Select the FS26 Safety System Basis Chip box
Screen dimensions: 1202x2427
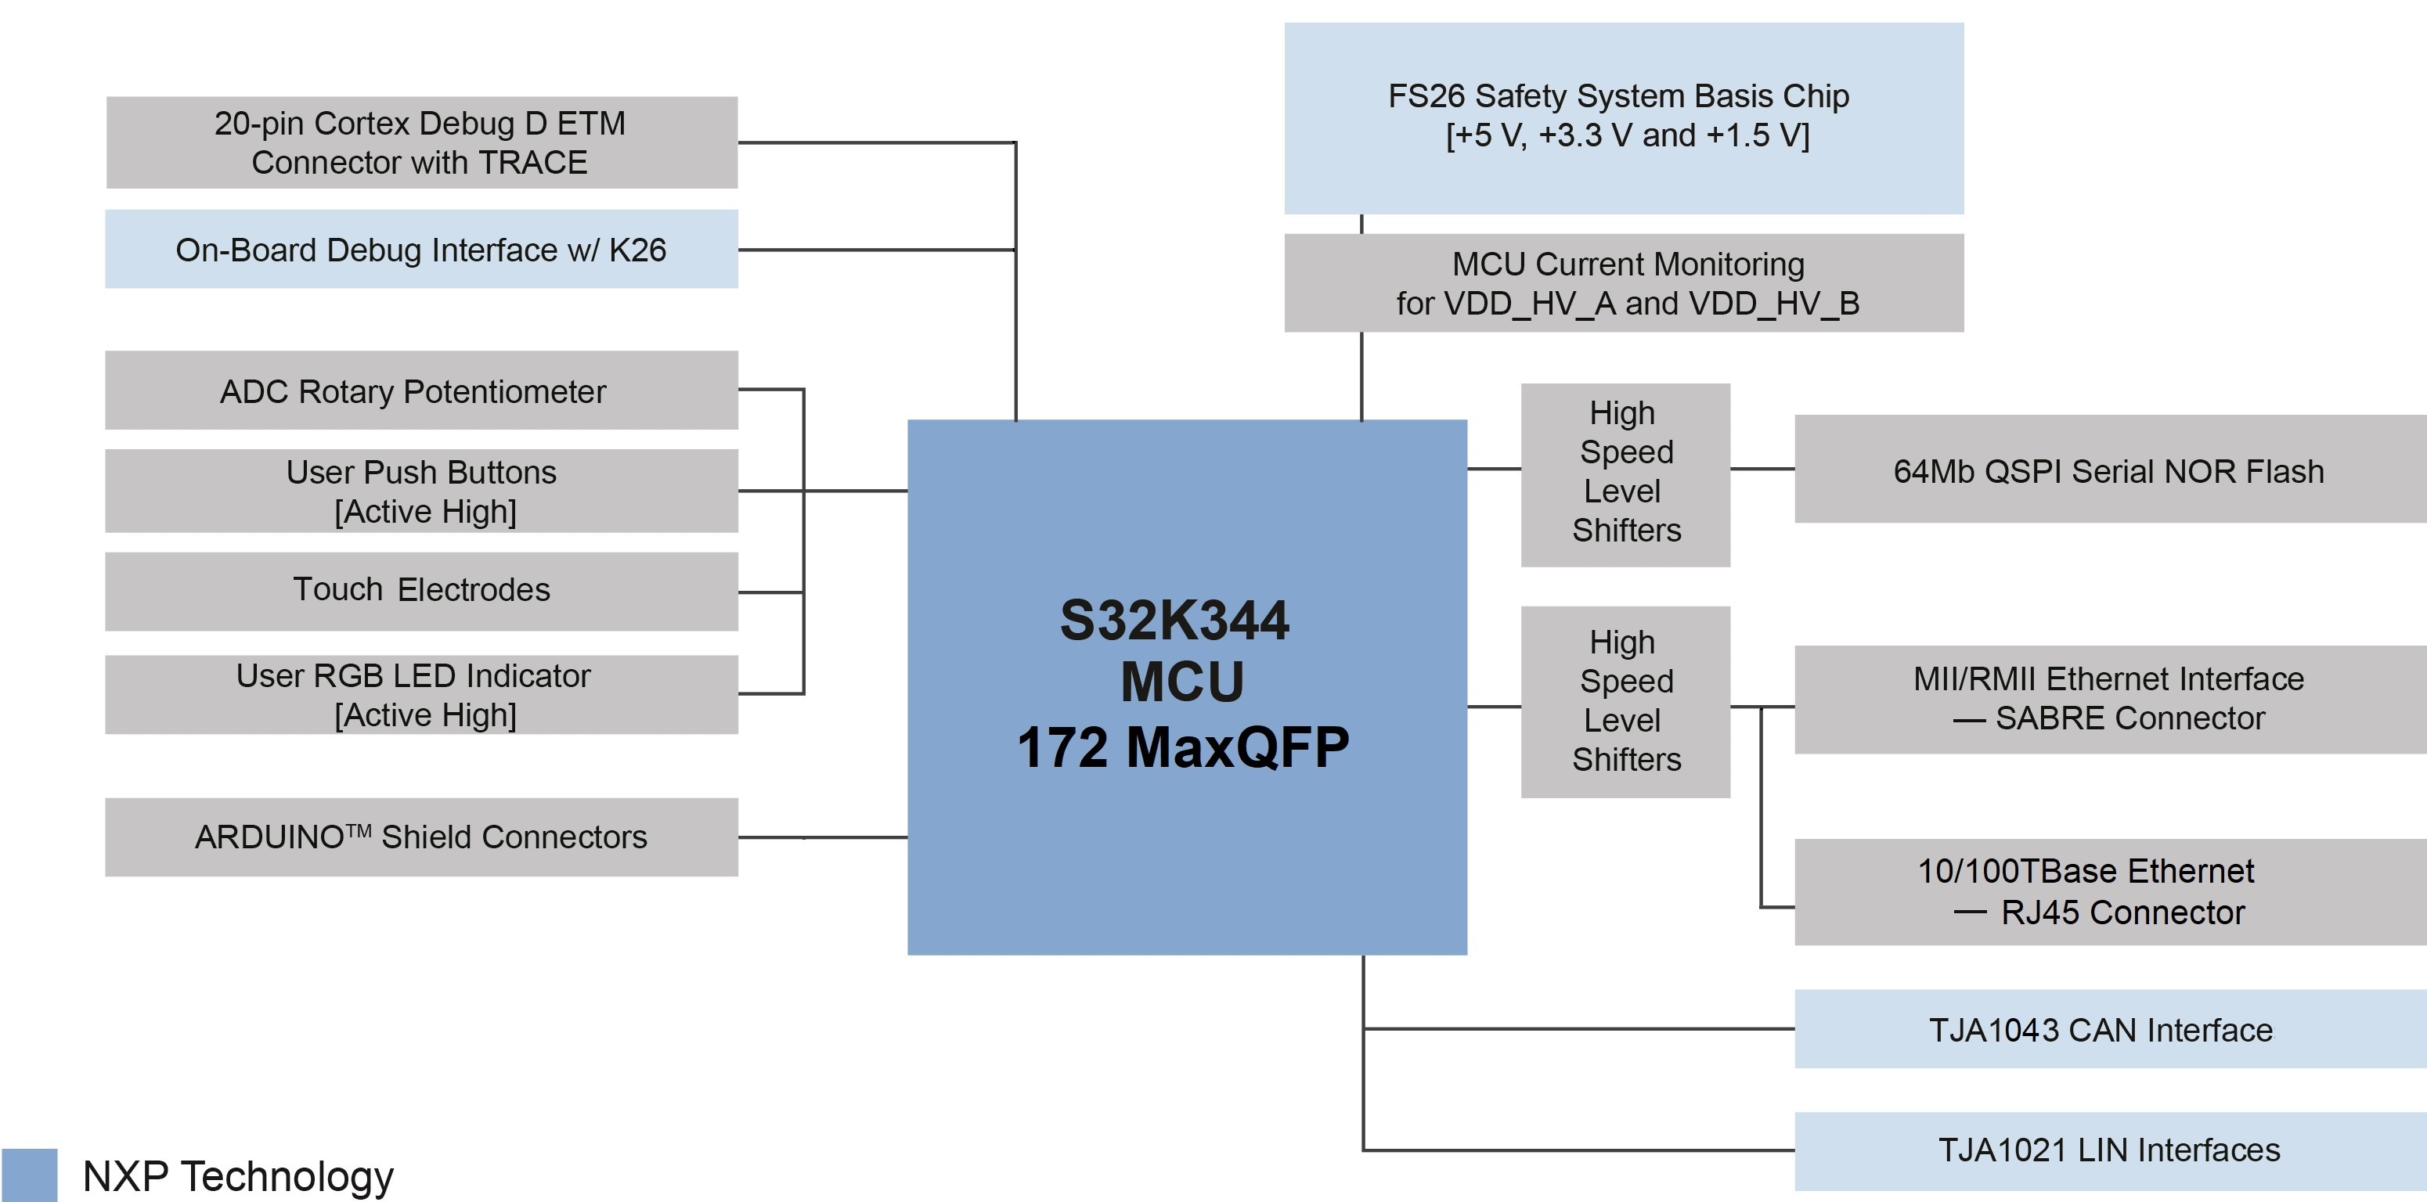pos(1622,117)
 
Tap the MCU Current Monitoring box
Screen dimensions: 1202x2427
pos(1622,283)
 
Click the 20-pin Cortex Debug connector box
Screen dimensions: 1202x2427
pos(421,142)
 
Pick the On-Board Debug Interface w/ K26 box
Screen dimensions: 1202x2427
pos(421,249)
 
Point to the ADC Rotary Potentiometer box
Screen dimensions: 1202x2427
pos(421,390)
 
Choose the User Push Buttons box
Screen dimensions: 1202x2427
pos(421,491)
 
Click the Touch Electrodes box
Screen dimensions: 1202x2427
pos(421,591)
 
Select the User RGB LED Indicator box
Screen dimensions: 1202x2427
pos(421,694)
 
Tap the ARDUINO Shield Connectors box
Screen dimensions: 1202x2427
pos(421,837)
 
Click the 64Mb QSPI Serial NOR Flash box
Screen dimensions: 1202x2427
pos(2108,469)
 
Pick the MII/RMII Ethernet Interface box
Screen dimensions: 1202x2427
pos(2108,699)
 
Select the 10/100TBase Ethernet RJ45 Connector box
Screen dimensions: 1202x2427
pos(2108,891)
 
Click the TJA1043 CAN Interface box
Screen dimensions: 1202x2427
pos(2108,1029)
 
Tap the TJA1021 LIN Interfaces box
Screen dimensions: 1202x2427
pos(2108,1150)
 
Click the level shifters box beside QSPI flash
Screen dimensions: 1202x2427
pos(1625,475)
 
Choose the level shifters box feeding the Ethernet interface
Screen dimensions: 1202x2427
pos(1625,702)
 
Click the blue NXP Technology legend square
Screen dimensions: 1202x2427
pos(29,1175)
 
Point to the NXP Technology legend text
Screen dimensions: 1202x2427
pos(237,1175)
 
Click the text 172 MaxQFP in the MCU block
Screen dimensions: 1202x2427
pos(1182,747)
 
